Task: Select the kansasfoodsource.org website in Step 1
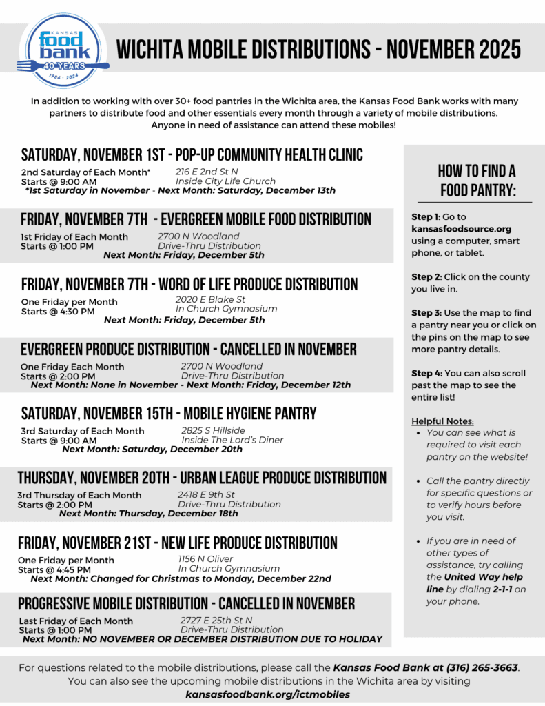(x=461, y=228)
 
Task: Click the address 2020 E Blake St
(x=210, y=299)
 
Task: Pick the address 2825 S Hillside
(x=213, y=430)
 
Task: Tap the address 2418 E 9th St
(x=206, y=494)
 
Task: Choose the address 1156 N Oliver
(x=205, y=558)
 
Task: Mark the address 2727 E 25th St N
(x=216, y=620)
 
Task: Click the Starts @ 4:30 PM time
(x=58, y=312)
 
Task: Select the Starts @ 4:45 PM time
(x=54, y=570)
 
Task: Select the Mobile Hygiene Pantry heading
(x=169, y=414)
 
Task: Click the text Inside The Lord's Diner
(x=232, y=440)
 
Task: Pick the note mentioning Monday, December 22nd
(x=181, y=578)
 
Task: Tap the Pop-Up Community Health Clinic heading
(x=192, y=154)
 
